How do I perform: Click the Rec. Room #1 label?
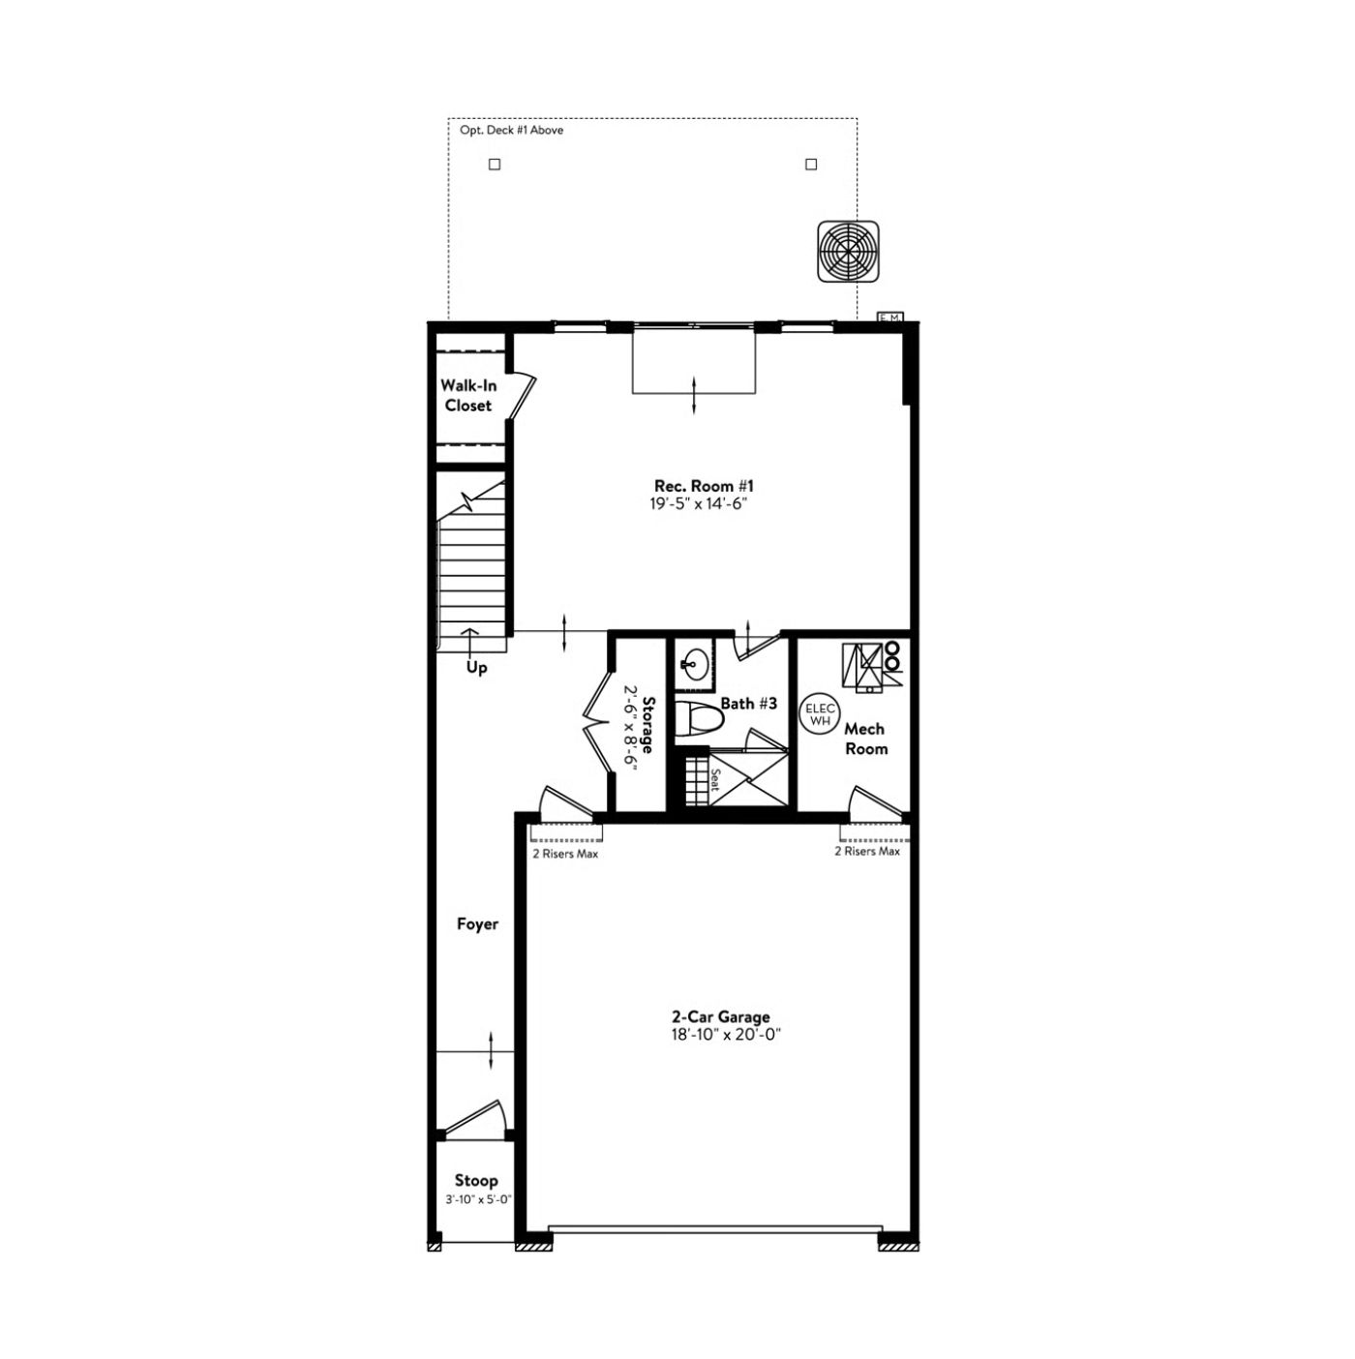tap(704, 486)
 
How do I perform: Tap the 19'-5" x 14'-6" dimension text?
tap(698, 503)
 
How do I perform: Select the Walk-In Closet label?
tap(468, 396)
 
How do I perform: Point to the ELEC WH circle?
tap(819, 713)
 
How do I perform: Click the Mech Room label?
tap(865, 739)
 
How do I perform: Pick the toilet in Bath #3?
tap(699, 718)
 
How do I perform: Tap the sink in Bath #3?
tap(696, 663)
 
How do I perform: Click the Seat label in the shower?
tap(714, 779)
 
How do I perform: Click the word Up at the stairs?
tap(477, 667)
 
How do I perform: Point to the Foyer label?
tap(477, 923)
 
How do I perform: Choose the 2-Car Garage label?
tap(720, 1017)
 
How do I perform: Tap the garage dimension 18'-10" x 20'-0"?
tap(726, 1035)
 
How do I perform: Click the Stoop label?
tap(476, 1180)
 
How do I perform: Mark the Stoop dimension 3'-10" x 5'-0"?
tap(477, 1198)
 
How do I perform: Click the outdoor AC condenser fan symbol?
tap(849, 252)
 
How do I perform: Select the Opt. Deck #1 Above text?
tap(511, 131)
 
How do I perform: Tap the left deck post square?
tap(496, 165)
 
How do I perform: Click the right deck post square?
tap(811, 165)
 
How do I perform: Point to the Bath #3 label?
tap(748, 703)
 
